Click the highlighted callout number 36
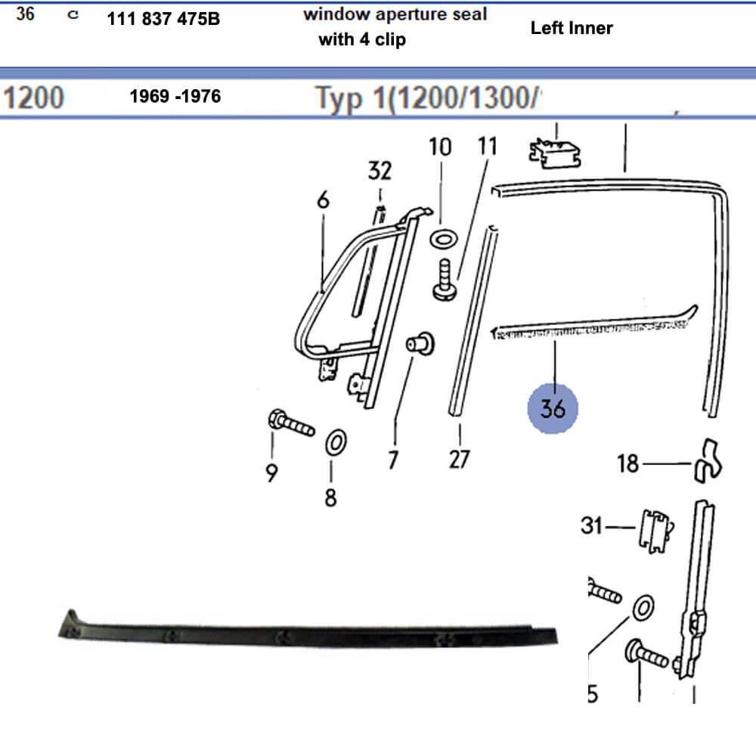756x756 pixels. click(x=553, y=408)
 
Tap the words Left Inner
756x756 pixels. click(x=572, y=28)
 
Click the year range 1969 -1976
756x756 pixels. click(x=175, y=97)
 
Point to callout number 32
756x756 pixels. click(x=380, y=171)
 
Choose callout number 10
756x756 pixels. click(x=440, y=147)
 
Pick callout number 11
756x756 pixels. click(x=488, y=146)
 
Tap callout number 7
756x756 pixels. click(x=393, y=459)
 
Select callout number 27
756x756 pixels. click(x=460, y=459)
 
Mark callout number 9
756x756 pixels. click(x=271, y=472)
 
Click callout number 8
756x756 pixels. click(x=330, y=498)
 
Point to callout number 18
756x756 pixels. click(x=629, y=463)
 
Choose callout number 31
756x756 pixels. click(x=593, y=524)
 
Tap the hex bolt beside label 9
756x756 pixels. click(x=291, y=423)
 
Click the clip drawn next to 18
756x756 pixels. click(x=706, y=460)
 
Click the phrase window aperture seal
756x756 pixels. click(x=395, y=14)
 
